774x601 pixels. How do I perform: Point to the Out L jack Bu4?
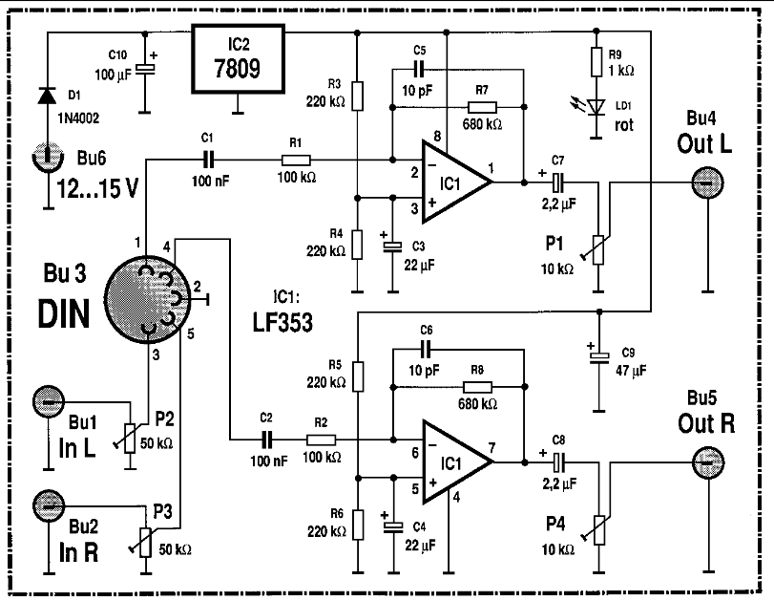coord(707,181)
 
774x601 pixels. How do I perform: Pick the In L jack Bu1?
coord(49,402)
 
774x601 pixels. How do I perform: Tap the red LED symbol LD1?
coord(597,107)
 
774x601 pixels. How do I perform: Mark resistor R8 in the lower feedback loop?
coord(477,387)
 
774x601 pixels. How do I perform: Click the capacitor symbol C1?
coord(207,158)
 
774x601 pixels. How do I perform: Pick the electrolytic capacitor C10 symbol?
coord(144,69)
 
